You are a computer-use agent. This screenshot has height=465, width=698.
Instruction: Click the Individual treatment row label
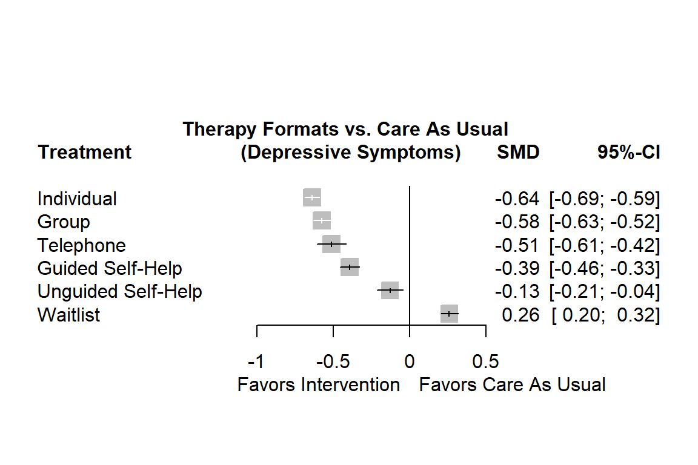pyautogui.click(x=77, y=199)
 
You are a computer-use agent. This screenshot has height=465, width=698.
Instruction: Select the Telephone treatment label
pyautogui.click(x=82, y=245)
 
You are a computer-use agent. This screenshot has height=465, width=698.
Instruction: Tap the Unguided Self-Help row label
pyautogui.click(x=119, y=291)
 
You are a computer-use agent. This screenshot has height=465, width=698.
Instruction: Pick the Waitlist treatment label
pyautogui.click(x=68, y=315)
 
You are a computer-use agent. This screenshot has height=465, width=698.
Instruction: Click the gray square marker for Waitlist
pyautogui.click(x=449, y=314)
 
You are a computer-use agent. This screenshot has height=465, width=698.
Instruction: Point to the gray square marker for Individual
pyautogui.click(x=312, y=198)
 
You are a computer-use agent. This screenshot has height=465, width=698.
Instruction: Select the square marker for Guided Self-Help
pyautogui.click(x=350, y=267)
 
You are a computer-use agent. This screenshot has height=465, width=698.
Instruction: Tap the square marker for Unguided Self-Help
pyautogui.click(x=390, y=291)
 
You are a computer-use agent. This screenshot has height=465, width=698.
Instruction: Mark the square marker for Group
pyautogui.click(x=322, y=221)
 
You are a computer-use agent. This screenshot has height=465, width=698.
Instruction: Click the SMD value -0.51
pyautogui.click(x=517, y=245)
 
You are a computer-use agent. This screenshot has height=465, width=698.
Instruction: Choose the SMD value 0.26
pyautogui.click(x=520, y=315)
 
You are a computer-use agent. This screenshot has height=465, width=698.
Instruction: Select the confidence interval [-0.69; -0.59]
pyautogui.click(x=604, y=199)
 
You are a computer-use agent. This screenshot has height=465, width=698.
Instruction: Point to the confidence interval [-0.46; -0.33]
pyautogui.click(x=604, y=268)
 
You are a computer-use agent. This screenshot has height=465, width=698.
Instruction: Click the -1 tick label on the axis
pyautogui.click(x=256, y=362)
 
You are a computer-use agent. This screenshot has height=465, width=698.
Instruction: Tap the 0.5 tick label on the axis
pyautogui.click(x=485, y=362)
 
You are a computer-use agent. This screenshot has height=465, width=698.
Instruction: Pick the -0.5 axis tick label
pyautogui.click(x=333, y=362)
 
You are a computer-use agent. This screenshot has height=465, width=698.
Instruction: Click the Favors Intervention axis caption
pyautogui.click(x=319, y=384)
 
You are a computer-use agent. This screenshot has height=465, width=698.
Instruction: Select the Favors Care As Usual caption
pyautogui.click(x=512, y=384)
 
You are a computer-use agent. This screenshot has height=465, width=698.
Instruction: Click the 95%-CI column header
pyautogui.click(x=628, y=153)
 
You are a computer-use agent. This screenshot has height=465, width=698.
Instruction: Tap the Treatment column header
pyautogui.click(x=84, y=152)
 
